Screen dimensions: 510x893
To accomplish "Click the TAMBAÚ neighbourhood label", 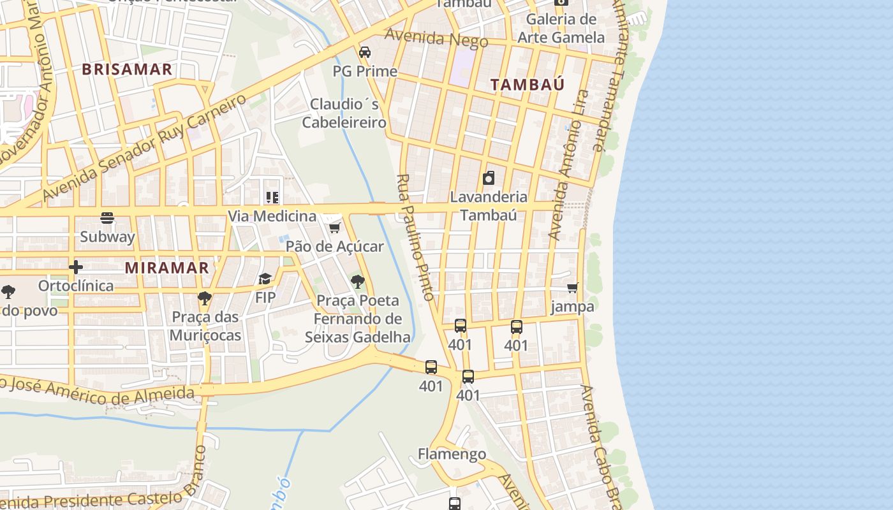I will tap(528, 84).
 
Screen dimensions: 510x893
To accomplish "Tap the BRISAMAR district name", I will tap(128, 69).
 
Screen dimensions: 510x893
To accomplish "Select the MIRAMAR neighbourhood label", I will tap(167, 267).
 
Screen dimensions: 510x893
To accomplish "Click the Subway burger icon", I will tap(107, 219).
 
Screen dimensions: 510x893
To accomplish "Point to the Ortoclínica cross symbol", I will tap(76, 266).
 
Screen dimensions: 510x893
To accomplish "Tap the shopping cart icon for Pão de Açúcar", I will tap(334, 228).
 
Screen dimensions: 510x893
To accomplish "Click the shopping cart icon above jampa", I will tap(573, 288).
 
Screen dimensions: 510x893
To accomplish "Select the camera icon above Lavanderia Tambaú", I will tap(489, 178).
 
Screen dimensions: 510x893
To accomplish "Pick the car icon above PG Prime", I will tap(365, 52).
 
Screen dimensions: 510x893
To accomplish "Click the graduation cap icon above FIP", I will tap(265, 279).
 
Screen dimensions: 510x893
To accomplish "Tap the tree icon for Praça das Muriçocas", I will tap(205, 298).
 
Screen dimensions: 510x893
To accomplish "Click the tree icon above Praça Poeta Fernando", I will tap(358, 281).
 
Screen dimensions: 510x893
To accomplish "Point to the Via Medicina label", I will tap(272, 216).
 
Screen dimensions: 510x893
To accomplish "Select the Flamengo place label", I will tap(452, 454).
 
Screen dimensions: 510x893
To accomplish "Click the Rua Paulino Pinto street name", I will tap(415, 237).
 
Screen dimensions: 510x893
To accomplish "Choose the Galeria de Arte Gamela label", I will tap(561, 28).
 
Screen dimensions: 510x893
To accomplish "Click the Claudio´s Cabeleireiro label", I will tap(344, 113).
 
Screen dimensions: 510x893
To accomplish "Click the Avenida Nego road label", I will tap(436, 38).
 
